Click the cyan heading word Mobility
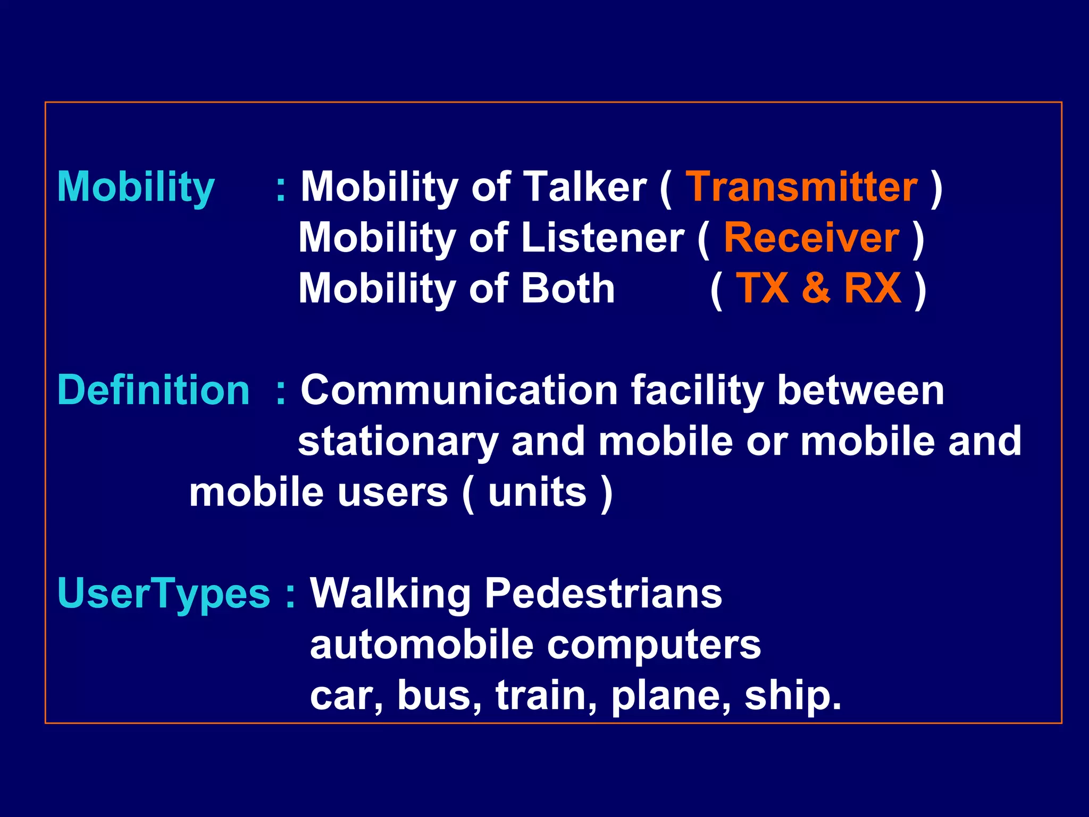point(136,187)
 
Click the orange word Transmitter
point(801,187)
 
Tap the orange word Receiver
point(811,238)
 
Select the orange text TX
point(763,288)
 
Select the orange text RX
point(873,288)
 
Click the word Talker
point(585,187)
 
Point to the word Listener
point(603,238)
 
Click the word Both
point(568,288)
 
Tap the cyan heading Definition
point(153,390)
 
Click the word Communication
point(459,390)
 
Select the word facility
point(697,391)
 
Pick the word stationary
point(398,441)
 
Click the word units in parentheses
point(537,493)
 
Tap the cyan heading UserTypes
point(164,594)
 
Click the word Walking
point(390,594)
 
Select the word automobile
point(422,645)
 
